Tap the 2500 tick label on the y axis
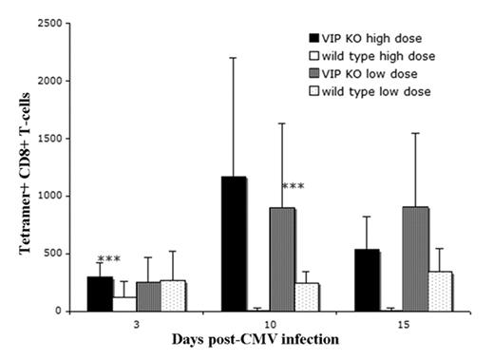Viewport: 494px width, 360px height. pos(53,20)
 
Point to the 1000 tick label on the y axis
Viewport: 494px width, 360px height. pos(53,196)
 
